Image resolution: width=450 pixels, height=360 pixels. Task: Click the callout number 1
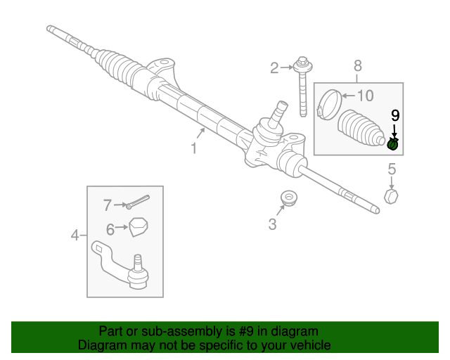coord(193,148)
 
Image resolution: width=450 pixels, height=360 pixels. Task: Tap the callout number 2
coord(274,67)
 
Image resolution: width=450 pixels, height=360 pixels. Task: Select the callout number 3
coord(272,224)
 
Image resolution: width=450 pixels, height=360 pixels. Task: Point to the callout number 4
coord(75,235)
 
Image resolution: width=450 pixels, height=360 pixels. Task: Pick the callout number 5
coord(392,169)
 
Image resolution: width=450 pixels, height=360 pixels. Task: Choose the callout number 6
coord(110,229)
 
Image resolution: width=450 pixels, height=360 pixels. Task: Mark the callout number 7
coord(108,205)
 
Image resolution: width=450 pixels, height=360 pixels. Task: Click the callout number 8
coord(358,65)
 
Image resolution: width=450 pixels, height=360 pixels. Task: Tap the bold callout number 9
coord(394,114)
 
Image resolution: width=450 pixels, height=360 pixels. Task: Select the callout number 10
coord(366,96)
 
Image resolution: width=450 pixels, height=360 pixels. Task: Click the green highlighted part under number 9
coord(394,144)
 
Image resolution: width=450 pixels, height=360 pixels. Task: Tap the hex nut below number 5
coord(392,195)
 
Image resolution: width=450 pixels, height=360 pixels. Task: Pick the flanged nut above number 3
coord(287,199)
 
